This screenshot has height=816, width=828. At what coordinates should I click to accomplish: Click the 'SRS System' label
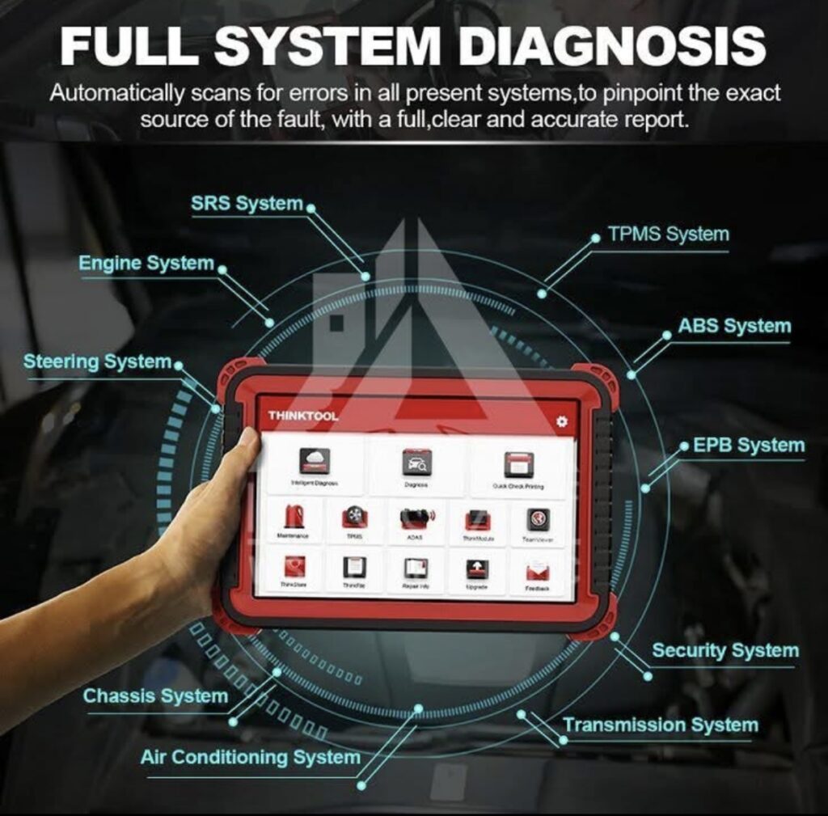(x=247, y=205)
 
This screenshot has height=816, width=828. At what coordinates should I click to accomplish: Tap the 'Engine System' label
(x=146, y=264)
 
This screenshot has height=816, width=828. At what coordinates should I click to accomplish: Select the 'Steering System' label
(x=97, y=362)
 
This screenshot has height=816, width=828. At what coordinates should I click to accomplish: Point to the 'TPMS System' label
(x=668, y=235)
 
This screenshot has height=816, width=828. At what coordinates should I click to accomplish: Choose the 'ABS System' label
(x=733, y=327)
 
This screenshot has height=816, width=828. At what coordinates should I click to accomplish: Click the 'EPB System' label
(x=748, y=446)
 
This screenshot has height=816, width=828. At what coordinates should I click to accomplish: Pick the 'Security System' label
(x=724, y=650)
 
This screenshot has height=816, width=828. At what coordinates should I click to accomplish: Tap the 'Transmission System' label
(x=660, y=725)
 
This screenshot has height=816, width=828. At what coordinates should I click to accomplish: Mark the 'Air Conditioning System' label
(x=250, y=758)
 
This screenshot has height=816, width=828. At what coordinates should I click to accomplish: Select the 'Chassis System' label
(x=155, y=696)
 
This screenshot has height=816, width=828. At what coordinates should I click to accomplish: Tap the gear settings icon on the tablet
(x=561, y=422)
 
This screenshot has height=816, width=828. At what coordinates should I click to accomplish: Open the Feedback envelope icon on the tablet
(x=538, y=573)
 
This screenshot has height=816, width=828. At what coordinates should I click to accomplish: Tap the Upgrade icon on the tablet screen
(x=477, y=570)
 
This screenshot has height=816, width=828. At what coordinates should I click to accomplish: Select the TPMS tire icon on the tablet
(x=354, y=518)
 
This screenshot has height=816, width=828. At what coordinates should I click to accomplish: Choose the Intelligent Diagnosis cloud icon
(x=315, y=462)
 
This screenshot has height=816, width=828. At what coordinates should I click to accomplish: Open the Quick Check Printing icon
(x=518, y=465)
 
